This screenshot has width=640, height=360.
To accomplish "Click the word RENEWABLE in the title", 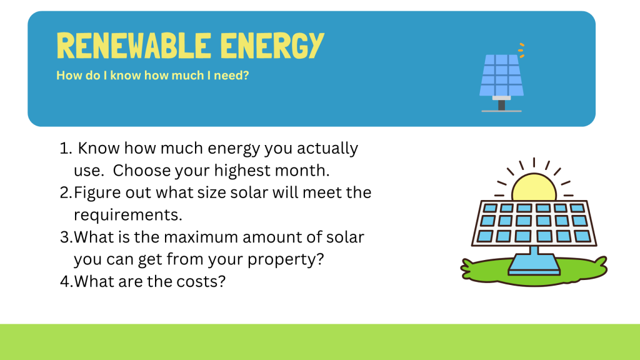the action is click(x=134, y=45).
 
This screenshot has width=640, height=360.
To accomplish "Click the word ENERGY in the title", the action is click(x=272, y=45).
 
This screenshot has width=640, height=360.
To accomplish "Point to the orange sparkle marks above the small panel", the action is click(x=521, y=50).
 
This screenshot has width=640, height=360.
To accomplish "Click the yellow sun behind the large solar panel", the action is click(x=534, y=186).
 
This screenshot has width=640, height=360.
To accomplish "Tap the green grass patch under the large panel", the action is click(x=534, y=269).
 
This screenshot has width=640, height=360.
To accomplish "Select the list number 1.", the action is click(x=66, y=149).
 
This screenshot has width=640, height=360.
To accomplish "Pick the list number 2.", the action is click(x=66, y=192).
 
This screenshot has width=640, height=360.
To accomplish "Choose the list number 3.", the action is click(x=66, y=237).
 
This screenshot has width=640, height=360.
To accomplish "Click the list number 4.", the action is click(x=66, y=282).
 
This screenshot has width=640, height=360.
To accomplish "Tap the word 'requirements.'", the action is click(x=127, y=215).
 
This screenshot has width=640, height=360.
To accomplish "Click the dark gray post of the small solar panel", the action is click(x=502, y=105).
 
